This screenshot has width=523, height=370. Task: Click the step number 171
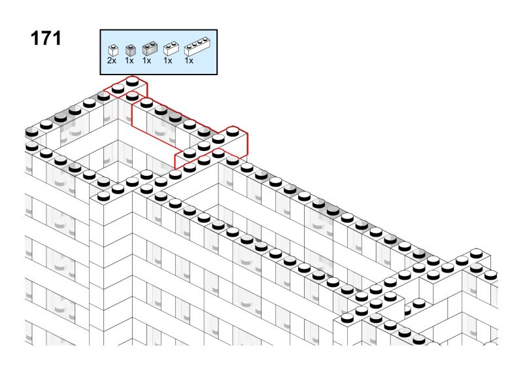click(46, 39)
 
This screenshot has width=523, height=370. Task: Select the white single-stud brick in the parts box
click(113, 50)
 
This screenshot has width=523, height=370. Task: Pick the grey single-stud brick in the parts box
click(130, 50)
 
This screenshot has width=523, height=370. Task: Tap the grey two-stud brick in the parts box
click(150, 48)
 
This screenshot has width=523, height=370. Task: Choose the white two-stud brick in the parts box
click(171, 48)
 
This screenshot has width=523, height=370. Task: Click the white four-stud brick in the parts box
click(197, 47)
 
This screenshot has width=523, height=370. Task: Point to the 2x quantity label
click(112, 60)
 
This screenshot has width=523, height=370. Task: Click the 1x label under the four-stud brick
click(189, 60)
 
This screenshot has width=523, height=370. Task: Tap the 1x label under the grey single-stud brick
click(129, 60)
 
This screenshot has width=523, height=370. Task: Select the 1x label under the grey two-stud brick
click(146, 60)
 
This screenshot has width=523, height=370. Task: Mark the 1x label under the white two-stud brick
click(168, 60)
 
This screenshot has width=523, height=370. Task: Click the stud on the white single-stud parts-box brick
click(113, 46)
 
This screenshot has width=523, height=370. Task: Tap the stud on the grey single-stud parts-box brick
click(131, 46)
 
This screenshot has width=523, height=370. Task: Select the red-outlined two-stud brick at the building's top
click(125, 87)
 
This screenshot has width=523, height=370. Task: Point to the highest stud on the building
click(133, 81)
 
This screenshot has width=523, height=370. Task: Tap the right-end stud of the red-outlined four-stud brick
click(233, 132)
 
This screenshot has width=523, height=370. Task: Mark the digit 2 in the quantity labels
click(109, 60)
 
